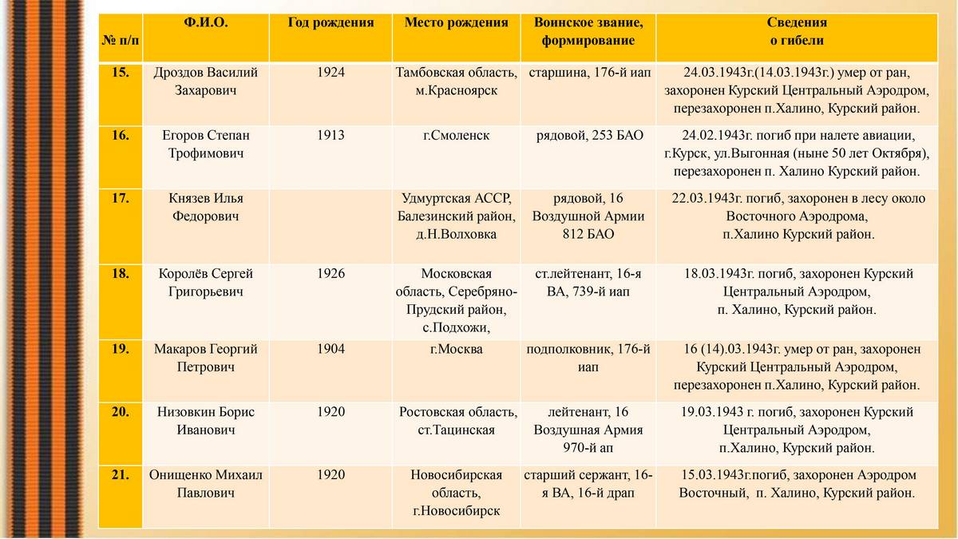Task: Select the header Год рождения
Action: click(331, 22)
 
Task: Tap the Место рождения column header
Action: click(456, 22)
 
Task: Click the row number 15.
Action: click(121, 73)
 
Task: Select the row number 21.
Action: click(121, 475)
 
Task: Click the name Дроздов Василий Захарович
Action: click(205, 81)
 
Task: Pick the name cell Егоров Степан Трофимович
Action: click(205, 144)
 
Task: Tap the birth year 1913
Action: click(331, 135)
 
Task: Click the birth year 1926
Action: click(331, 274)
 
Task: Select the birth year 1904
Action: click(331, 349)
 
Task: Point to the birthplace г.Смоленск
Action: click(456, 135)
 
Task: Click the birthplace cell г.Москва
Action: click(456, 349)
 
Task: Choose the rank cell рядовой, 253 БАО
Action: click(589, 135)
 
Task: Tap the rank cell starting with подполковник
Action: click(589, 358)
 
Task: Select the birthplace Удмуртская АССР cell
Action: click(456, 216)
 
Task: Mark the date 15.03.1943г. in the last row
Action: click(715, 475)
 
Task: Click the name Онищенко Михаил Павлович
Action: click(205, 484)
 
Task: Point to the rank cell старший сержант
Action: click(589, 484)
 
